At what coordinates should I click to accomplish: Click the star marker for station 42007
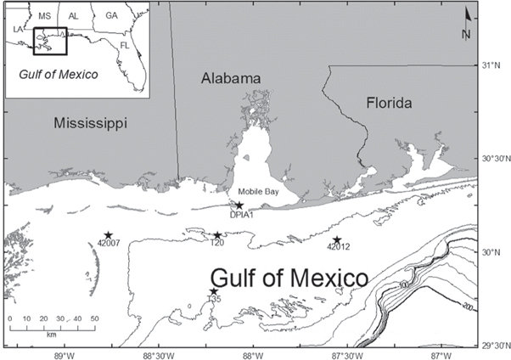pyautogui.click(x=109, y=235)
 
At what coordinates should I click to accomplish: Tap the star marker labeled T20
pyautogui.click(x=217, y=235)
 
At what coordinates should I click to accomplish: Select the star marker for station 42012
pyautogui.click(x=337, y=240)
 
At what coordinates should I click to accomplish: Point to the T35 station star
pyautogui.click(x=214, y=291)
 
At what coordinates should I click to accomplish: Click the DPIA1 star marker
pyautogui.click(x=239, y=205)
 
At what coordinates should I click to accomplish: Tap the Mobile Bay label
pyautogui.click(x=258, y=192)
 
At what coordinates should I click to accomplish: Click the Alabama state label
pyautogui.click(x=230, y=78)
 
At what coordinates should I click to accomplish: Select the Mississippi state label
pyautogui.click(x=90, y=123)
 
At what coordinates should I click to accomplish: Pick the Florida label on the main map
pyautogui.click(x=389, y=104)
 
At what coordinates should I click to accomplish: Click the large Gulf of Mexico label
pyautogui.click(x=289, y=278)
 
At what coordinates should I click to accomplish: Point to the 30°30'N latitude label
pyautogui.click(x=492, y=159)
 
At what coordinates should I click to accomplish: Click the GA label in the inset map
pyautogui.click(x=111, y=15)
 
